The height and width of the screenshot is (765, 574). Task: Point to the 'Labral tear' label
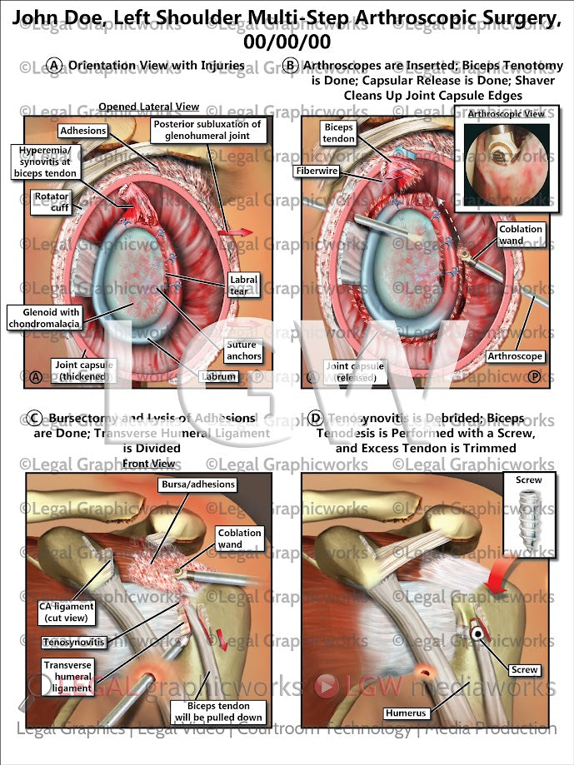click(243, 285)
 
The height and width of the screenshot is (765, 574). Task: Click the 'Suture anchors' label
click(243, 350)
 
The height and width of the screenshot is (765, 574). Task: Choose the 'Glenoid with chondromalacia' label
click(43, 317)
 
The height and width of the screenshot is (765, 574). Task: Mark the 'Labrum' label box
click(219, 376)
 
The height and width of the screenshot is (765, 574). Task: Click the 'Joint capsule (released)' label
click(355, 371)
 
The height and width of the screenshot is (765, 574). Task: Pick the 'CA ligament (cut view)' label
click(67, 613)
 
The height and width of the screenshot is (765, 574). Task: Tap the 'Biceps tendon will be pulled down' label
click(219, 712)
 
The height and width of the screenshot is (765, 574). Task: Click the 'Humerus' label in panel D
click(407, 713)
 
